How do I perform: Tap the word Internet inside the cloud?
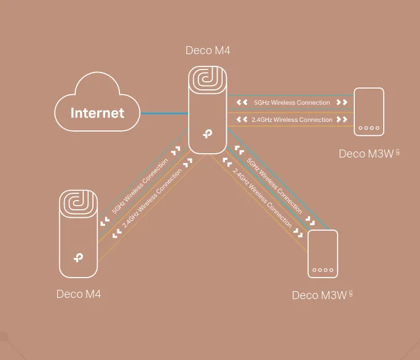tap(97, 113)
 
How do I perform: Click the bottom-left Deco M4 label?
tap(78, 294)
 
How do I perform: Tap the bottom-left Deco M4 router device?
tap(78, 234)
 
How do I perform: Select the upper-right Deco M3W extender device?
tap(370, 111)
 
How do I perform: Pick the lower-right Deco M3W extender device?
tap(323, 254)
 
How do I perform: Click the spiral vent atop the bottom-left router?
tap(78, 206)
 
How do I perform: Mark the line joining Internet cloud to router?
tap(164, 113)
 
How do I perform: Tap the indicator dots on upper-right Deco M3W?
tap(370, 129)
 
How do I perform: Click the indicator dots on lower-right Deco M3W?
tap(323, 270)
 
